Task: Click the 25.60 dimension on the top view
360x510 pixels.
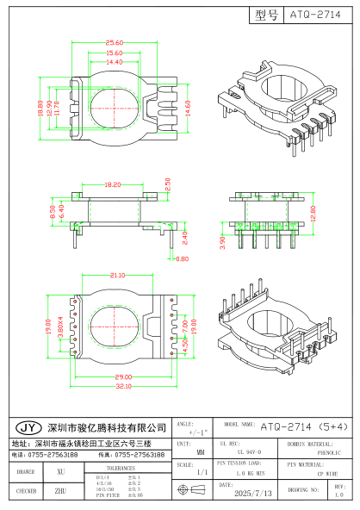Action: pos(114,42)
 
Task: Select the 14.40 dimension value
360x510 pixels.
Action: pos(114,62)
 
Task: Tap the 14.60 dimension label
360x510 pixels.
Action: pos(201,108)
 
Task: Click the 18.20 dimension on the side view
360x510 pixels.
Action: pos(112,185)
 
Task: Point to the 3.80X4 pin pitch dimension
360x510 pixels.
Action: pos(60,329)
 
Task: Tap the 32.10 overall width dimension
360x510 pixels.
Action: pos(112,387)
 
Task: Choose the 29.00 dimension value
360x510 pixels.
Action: pos(112,378)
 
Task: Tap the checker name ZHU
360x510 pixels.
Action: pos(60,491)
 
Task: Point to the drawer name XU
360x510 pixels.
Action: pos(60,472)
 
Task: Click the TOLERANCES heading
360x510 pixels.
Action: pos(121,465)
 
